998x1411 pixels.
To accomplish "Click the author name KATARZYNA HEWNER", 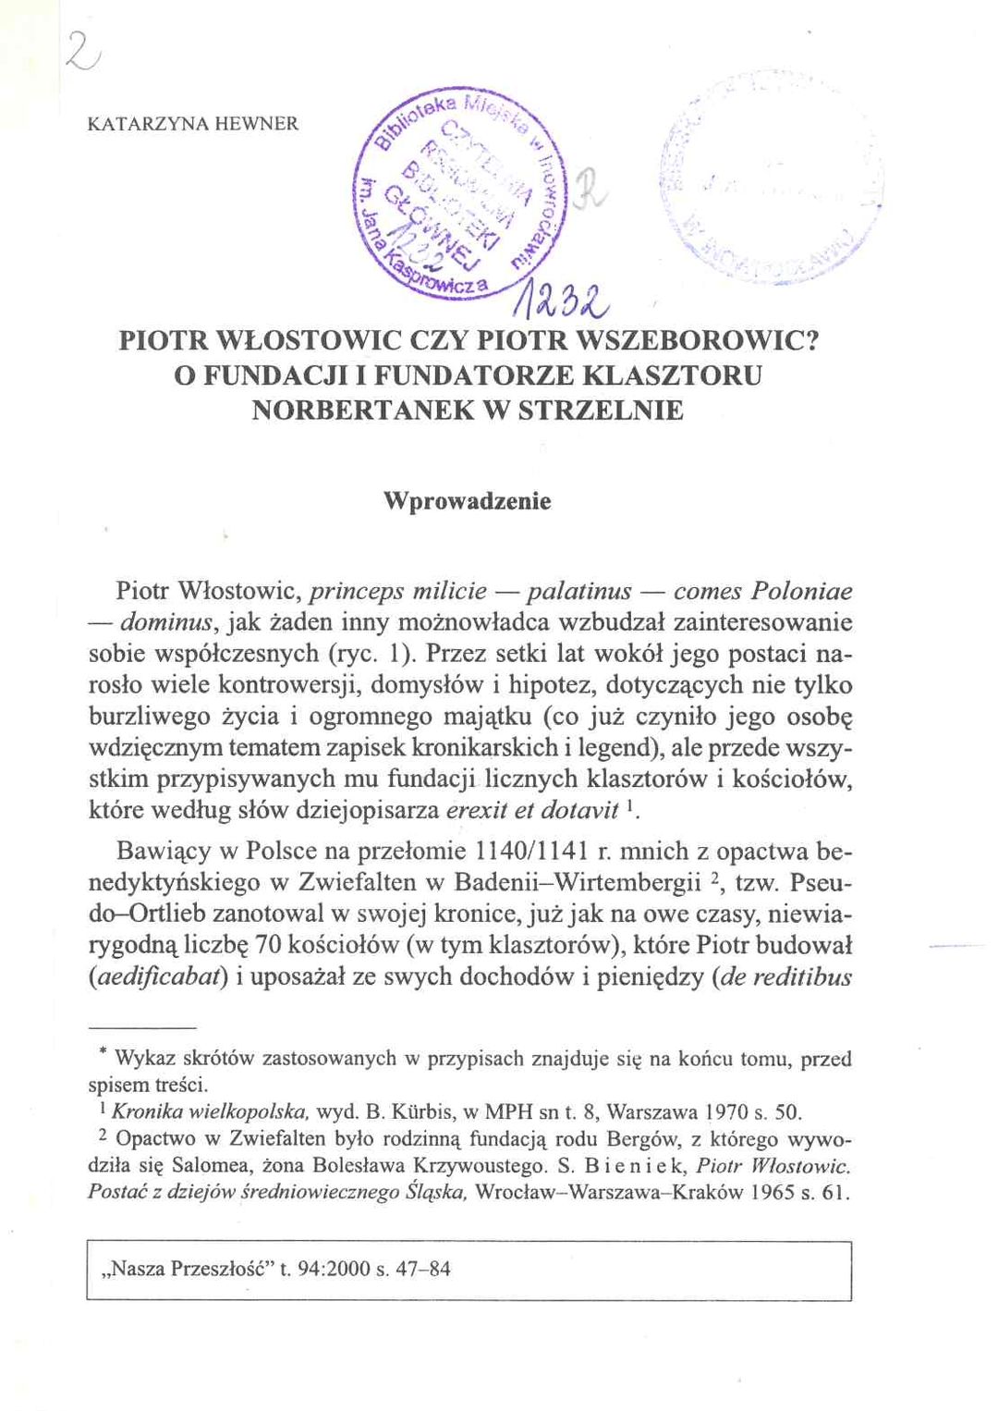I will [193, 123].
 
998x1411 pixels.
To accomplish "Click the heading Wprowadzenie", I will [468, 502].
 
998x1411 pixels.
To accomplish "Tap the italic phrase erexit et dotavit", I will [531, 811].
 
